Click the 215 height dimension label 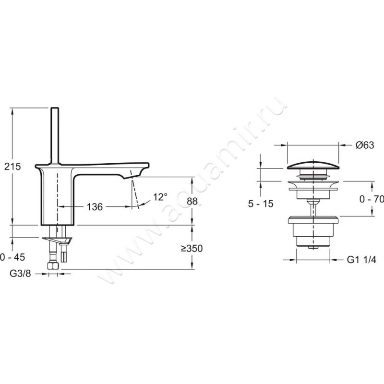(13, 167)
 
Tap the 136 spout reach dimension (95, 207)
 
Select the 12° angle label (160, 197)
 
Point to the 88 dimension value (192, 201)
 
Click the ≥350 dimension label (192, 248)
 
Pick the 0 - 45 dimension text (12, 257)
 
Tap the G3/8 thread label (20, 273)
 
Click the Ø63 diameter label (365, 145)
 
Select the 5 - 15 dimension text (261, 204)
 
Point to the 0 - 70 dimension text (372, 199)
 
